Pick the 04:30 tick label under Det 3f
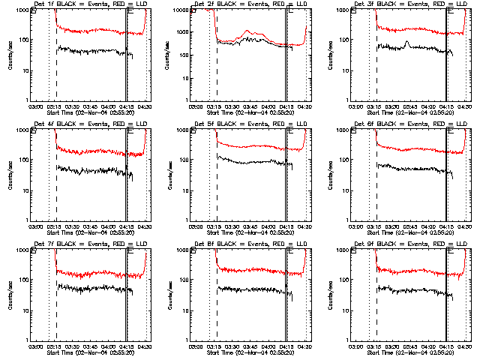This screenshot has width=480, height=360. [465, 106]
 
